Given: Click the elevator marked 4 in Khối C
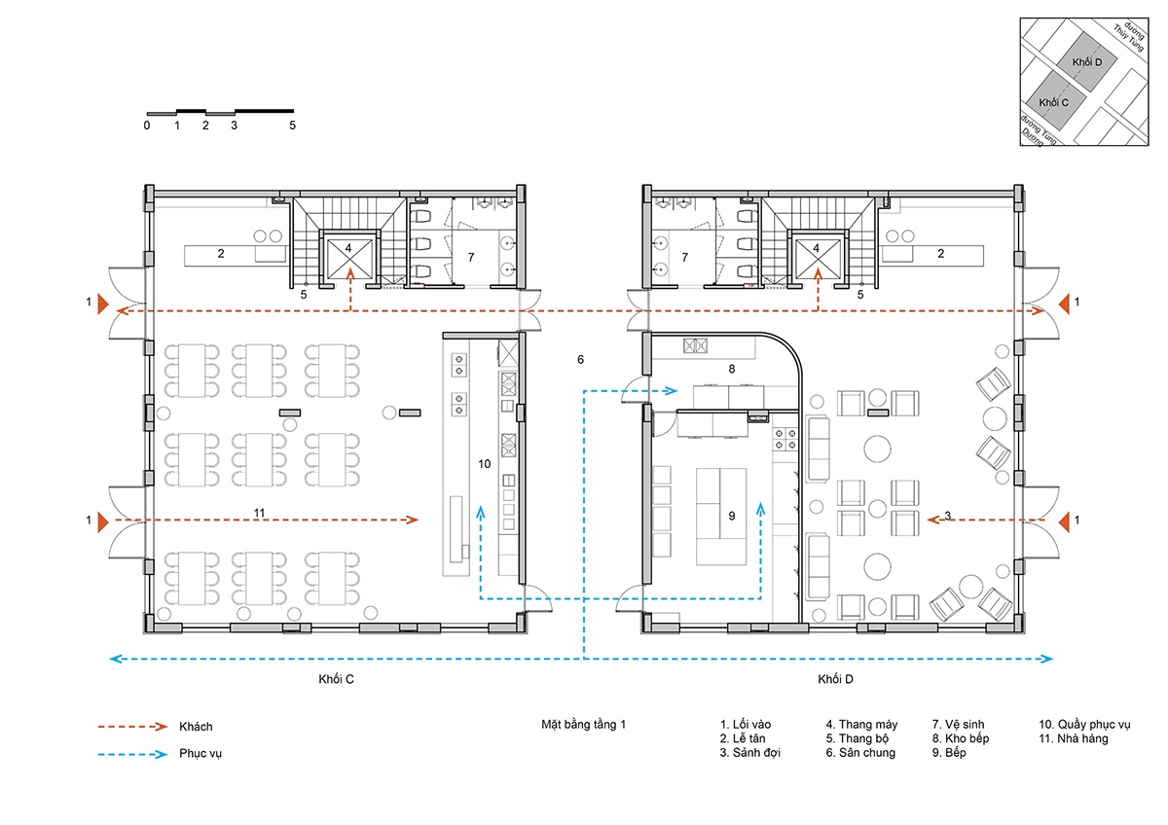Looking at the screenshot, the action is [x=348, y=258].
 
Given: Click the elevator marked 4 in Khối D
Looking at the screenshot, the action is [x=817, y=258].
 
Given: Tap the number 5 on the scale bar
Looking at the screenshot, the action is [x=293, y=126].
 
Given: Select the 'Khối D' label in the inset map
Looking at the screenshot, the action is [x=1087, y=62].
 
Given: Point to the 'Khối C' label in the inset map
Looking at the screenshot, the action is [x=1054, y=103].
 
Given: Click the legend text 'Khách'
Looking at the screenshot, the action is [x=196, y=727].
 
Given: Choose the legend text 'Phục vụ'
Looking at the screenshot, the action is [x=201, y=754].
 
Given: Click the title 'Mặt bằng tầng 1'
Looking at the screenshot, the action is [x=583, y=725].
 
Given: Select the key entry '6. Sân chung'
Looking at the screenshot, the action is [x=860, y=753].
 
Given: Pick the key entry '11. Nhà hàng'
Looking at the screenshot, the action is [x=1074, y=738].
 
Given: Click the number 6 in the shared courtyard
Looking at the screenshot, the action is [x=580, y=360].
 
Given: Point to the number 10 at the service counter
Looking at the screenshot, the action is [x=485, y=464].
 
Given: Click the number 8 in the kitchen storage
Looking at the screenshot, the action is [x=732, y=369].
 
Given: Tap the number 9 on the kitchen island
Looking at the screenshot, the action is [x=732, y=516].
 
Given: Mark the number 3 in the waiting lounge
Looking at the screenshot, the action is [x=947, y=516].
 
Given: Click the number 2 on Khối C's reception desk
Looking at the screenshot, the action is [x=221, y=254].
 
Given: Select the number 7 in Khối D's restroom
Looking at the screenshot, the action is [x=684, y=258].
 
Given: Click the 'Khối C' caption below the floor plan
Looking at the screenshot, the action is [x=337, y=679].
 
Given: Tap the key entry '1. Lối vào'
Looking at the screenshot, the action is [x=746, y=725].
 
